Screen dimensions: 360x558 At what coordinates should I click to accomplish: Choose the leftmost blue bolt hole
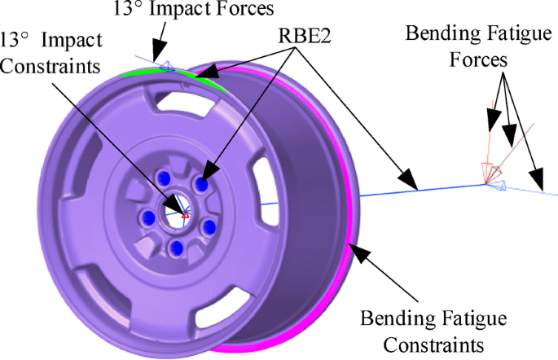pyautogui.click(x=148, y=217)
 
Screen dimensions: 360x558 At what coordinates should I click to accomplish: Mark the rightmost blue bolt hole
pyautogui.click(x=209, y=226)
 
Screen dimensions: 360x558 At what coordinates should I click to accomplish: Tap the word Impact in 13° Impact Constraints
pyautogui.click(x=80, y=41)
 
